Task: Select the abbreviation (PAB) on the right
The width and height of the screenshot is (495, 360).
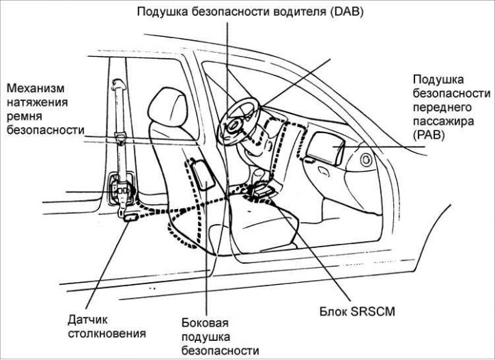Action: click(x=429, y=136)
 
